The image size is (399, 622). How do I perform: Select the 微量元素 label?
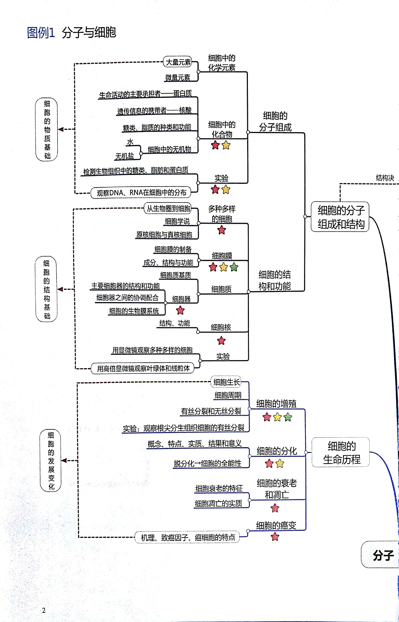tap(178, 77)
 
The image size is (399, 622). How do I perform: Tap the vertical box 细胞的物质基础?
tap(47, 129)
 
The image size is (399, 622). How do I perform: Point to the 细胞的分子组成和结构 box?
tap(340, 217)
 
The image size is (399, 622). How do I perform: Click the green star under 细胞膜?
tap(234, 267)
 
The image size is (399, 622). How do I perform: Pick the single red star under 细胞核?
tap(221, 341)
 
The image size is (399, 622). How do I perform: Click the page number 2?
tap(44, 610)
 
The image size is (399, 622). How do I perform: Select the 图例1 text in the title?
tap(41, 33)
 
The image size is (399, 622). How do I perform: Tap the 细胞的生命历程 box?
tap(341, 452)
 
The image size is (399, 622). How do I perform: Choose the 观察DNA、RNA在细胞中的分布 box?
tap(141, 193)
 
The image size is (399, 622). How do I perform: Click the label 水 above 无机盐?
tap(130, 142)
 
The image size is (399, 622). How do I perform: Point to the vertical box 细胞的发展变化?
tap(51, 460)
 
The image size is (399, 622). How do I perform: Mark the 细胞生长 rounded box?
tap(226, 382)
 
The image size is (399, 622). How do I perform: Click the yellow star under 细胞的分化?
tap(280, 463)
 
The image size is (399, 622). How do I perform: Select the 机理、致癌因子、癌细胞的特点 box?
tap(187, 538)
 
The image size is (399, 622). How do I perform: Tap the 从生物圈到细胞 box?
tap(168, 209)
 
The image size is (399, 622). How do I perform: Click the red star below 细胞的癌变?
tap(275, 537)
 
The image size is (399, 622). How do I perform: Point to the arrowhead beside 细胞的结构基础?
tap(60, 289)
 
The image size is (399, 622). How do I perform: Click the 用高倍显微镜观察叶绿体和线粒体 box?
tap(143, 369)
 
